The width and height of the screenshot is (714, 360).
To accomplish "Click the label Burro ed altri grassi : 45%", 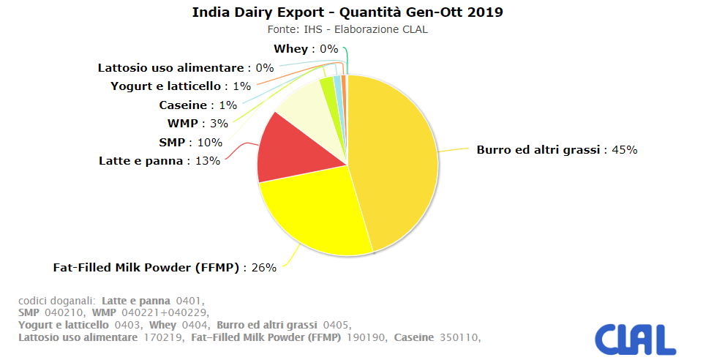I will click(557, 149).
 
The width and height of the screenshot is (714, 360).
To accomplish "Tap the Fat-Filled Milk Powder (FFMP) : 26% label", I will click(165, 268).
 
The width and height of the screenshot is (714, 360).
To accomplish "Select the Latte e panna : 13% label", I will click(159, 160).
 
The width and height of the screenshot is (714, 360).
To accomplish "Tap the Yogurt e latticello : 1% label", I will click(180, 86).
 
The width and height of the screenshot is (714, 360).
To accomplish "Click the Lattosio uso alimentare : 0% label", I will click(186, 68).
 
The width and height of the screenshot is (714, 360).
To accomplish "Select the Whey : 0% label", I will click(306, 49).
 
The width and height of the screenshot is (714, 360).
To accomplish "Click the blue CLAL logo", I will click(634, 339).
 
